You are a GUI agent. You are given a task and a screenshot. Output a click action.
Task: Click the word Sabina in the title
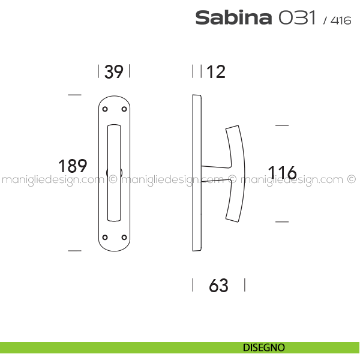(x=233, y=17)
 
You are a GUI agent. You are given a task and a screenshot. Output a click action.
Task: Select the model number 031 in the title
(x=297, y=17)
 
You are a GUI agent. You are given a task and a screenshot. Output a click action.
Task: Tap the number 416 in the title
(x=341, y=20)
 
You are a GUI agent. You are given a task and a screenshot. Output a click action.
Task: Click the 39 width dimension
(x=113, y=71)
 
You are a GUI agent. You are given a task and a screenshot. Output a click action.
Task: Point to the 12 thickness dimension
(x=216, y=72)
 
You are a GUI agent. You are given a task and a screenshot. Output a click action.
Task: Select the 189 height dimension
(x=73, y=166)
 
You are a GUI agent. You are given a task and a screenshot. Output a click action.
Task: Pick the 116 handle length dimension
(x=283, y=172)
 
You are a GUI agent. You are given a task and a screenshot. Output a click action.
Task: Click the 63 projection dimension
(x=218, y=286)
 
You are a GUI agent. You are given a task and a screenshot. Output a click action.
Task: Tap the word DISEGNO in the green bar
(x=264, y=347)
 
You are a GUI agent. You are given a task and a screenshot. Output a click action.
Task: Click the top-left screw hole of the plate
(x=105, y=109)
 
